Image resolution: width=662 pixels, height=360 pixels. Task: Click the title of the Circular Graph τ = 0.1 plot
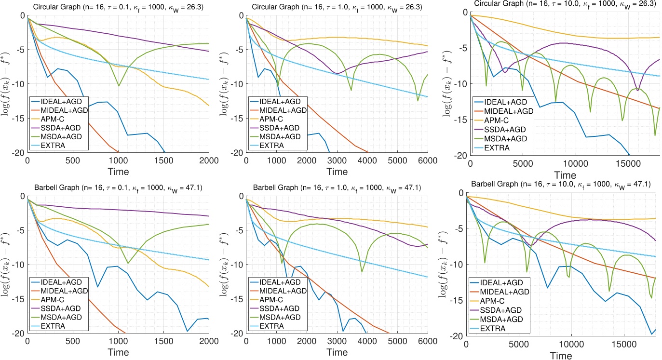click(118, 6)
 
